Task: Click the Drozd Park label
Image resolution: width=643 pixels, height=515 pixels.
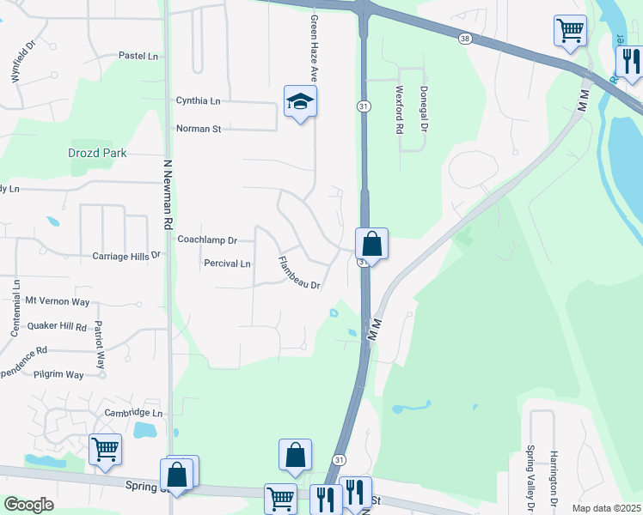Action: click(97, 153)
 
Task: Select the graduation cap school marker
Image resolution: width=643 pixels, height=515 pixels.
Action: click(300, 102)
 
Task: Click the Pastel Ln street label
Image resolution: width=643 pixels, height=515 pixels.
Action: click(140, 57)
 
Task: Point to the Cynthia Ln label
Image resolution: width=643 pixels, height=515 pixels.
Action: click(198, 100)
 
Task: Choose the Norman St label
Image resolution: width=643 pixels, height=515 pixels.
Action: click(199, 129)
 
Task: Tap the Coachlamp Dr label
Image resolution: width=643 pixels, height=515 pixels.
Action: click(206, 240)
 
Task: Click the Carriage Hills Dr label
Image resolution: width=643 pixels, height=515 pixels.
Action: click(126, 256)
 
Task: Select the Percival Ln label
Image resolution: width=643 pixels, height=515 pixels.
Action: click(228, 264)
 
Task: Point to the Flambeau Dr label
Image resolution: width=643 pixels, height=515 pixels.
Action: click(299, 273)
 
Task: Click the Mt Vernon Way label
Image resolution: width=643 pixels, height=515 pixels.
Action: click(58, 301)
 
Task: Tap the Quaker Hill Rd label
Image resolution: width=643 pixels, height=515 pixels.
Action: click(58, 327)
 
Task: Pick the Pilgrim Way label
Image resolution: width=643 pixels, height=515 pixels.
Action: click(58, 375)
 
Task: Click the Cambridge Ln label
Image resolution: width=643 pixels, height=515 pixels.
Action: click(133, 413)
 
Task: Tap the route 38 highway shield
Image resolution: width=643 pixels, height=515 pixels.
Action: click(465, 39)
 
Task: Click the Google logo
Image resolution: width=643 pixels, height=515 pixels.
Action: click(28, 505)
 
